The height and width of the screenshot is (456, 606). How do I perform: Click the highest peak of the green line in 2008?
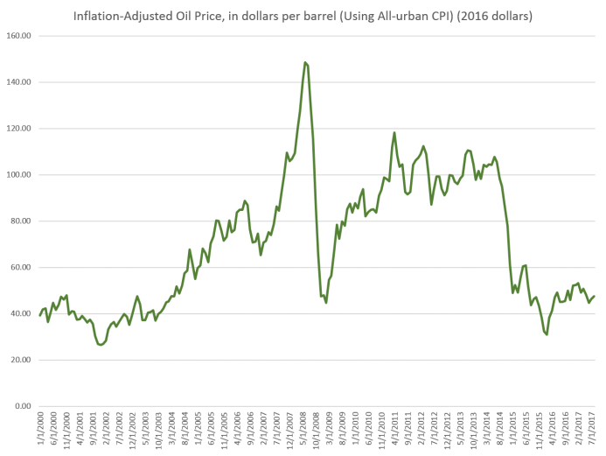[305, 63]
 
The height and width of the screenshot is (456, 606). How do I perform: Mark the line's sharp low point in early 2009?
[326, 302]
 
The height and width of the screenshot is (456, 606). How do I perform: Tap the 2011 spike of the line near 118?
[394, 133]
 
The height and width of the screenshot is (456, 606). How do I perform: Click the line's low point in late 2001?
[101, 345]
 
